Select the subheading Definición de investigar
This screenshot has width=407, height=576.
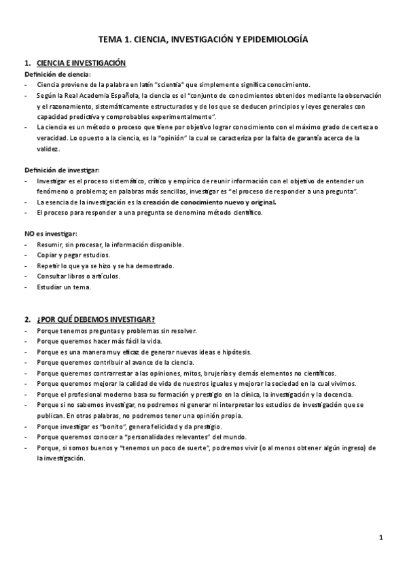(62, 169)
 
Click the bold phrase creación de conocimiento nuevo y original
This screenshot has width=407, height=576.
(219, 202)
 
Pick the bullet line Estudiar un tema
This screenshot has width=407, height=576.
(64, 287)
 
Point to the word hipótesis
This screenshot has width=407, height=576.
(235, 352)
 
